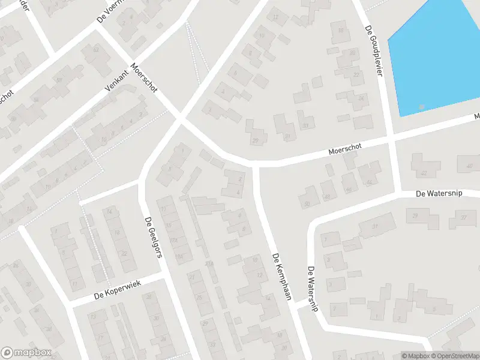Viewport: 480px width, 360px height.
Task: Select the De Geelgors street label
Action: point(154,238)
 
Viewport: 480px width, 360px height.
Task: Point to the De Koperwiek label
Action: point(117,290)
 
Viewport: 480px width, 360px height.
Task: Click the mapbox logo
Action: point(26,353)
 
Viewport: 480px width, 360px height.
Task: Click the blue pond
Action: point(438,54)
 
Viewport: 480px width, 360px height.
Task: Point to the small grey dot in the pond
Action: point(422,107)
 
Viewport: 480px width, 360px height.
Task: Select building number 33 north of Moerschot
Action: point(306,125)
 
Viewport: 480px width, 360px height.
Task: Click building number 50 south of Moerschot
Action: point(307,205)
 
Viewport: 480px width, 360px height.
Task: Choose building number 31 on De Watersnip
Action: point(376,226)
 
